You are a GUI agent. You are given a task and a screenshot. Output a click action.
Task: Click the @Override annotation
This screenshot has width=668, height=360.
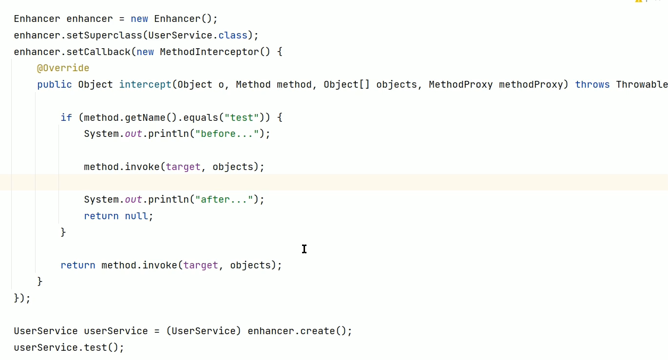(x=63, y=68)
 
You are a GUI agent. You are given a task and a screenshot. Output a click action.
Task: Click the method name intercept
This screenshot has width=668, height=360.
(x=145, y=85)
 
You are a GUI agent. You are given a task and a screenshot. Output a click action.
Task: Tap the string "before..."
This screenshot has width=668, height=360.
(x=227, y=134)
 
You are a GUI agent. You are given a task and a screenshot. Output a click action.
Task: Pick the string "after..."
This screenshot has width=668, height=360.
(x=224, y=200)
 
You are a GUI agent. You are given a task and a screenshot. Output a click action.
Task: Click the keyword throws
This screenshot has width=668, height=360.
(x=592, y=85)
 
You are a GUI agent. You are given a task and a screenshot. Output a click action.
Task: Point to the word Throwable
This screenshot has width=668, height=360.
(x=641, y=85)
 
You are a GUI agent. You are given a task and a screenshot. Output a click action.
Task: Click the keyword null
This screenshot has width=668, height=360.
(x=136, y=216)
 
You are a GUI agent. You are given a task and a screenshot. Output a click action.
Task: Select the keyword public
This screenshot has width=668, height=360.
(x=54, y=85)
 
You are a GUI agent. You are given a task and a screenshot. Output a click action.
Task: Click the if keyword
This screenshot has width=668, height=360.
(x=66, y=117)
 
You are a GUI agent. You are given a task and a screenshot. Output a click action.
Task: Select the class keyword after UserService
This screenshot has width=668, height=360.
(x=232, y=36)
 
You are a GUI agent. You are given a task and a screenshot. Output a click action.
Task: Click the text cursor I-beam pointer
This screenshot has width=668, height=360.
(x=304, y=249)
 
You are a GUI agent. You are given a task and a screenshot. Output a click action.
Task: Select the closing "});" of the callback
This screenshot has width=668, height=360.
(x=22, y=298)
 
